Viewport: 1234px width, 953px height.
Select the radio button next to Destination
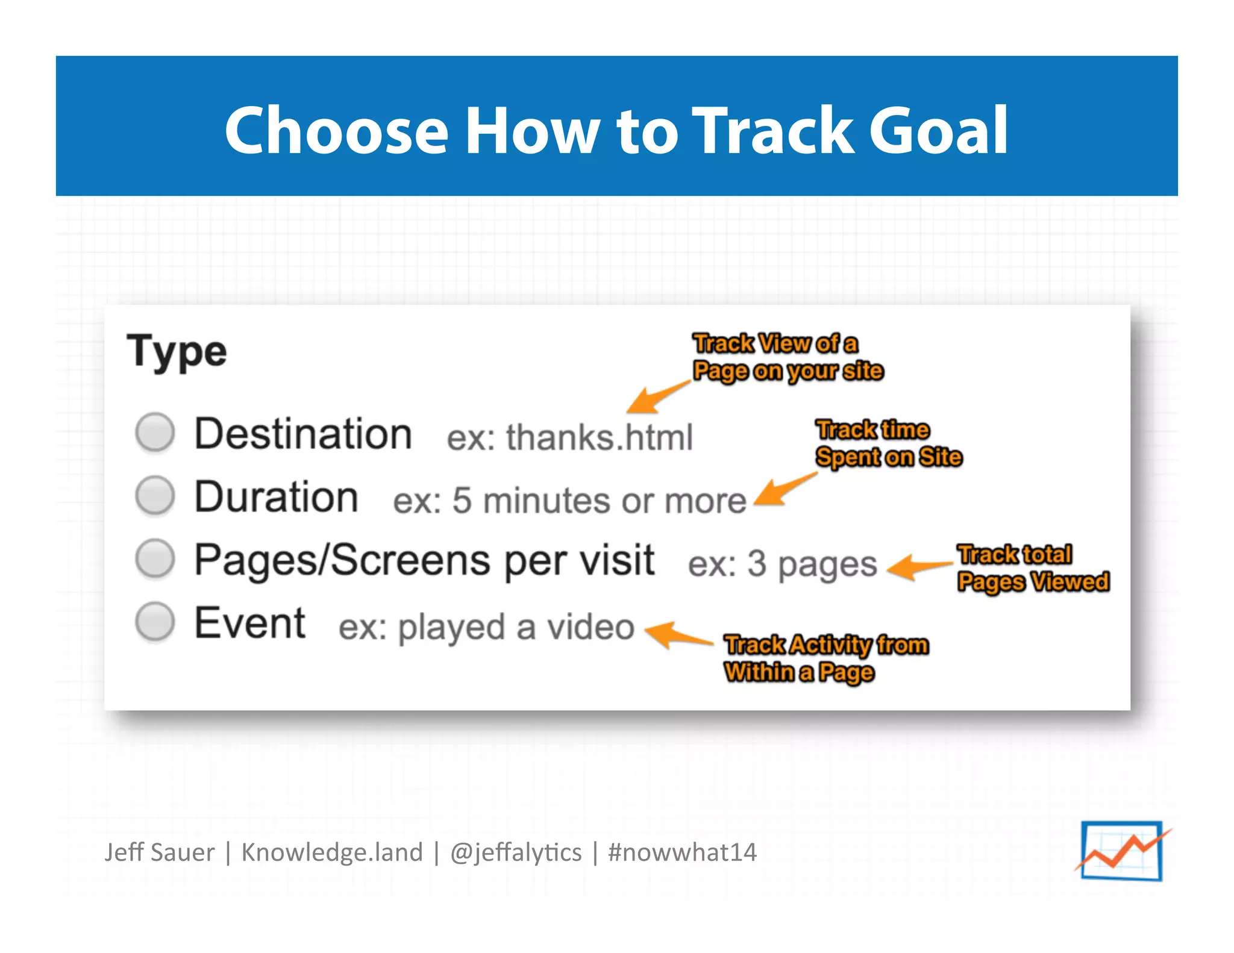click(155, 432)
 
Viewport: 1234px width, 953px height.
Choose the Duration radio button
click(155, 495)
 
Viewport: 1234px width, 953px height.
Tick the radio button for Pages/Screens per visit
click(155, 558)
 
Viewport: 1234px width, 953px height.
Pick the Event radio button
click(155, 621)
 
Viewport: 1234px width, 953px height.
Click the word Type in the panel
click(177, 352)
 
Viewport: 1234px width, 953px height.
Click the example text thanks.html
click(599, 437)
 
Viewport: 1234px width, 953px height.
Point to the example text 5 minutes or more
click(599, 500)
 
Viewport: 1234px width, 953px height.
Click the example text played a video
click(516, 627)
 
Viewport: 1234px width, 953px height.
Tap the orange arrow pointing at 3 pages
click(917, 567)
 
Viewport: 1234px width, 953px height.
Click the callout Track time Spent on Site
click(888, 443)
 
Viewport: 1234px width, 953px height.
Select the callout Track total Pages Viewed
click(1033, 568)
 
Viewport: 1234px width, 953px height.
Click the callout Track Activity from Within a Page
click(825, 658)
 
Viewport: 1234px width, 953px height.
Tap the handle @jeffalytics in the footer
click(516, 852)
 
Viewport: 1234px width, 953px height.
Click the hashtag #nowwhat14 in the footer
click(682, 852)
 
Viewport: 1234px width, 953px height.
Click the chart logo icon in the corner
click(1122, 851)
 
